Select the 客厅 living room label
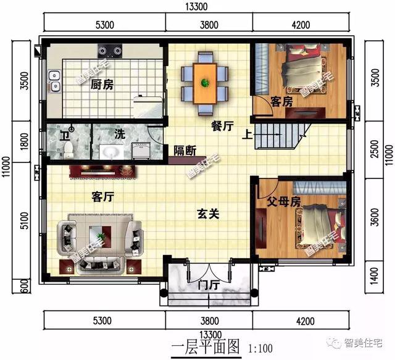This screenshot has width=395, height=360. click(104, 197)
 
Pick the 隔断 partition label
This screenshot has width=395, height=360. click(185, 149)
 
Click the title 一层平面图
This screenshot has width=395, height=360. click(204, 347)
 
